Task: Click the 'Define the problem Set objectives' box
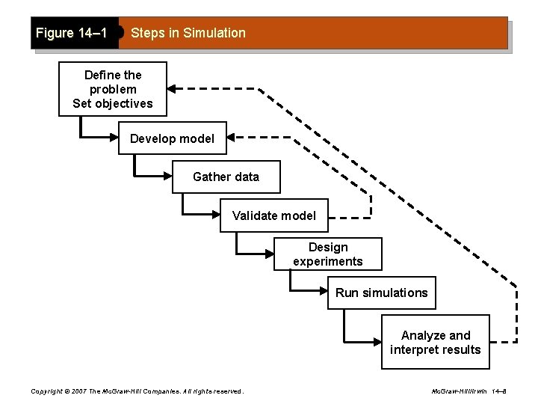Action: pyautogui.click(x=113, y=89)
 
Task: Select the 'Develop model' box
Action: pyautogui.click(x=172, y=138)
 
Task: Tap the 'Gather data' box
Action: pyautogui.click(x=226, y=177)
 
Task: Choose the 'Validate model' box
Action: pyautogui.click(x=273, y=215)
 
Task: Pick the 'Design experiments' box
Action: pyautogui.click(x=327, y=254)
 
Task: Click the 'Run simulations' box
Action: pyautogui.click(x=381, y=293)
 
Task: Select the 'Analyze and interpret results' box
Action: pyautogui.click(x=435, y=343)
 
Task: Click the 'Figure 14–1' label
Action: pyautogui.click(x=72, y=33)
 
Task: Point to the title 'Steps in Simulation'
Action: pyautogui.click(x=188, y=33)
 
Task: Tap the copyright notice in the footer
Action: pyautogui.click(x=136, y=391)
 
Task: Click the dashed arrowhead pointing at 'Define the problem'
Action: pyautogui.click(x=172, y=88)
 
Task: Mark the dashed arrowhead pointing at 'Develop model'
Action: pyautogui.click(x=232, y=138)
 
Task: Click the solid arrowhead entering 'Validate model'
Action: pyautogui.click(x=217, y=215)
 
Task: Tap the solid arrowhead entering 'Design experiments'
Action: pyautogui.click(x=270, y=254)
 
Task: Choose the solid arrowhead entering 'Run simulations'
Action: pyautogui.click(x=324, y=293)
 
